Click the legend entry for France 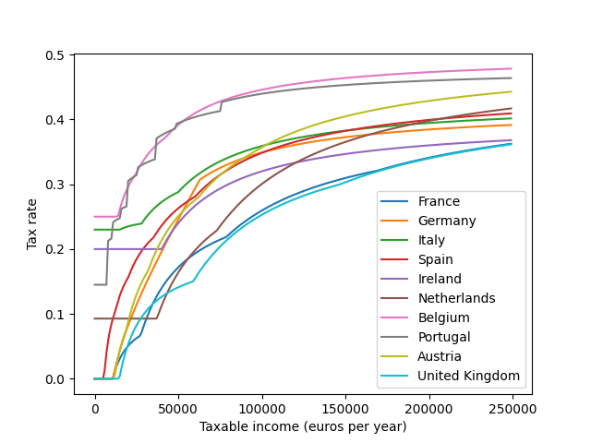coord(439,202)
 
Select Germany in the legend coord(447,221)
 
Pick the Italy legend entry coord(432,241)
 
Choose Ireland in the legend coord(440,280)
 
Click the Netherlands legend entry coord(456,298)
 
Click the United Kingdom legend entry coord(469,376)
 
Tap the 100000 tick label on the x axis coord(262,408)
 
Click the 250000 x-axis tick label coord(513,408)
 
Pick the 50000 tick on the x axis coord(178,408)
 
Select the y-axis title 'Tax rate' coord(32,225)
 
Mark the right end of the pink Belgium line coord(511,68)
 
